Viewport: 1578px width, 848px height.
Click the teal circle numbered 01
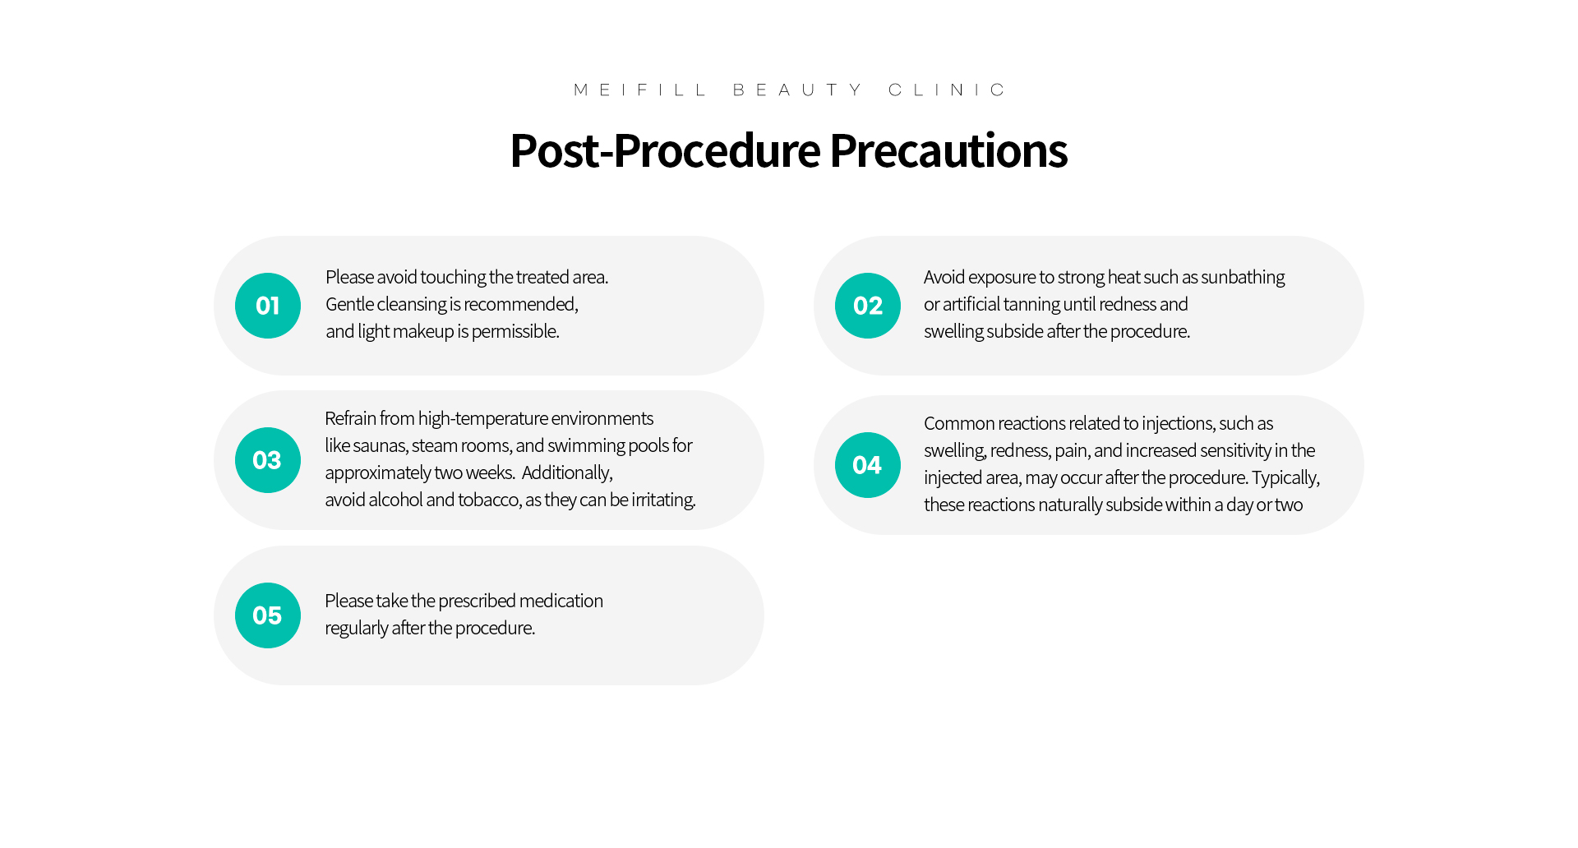(x=268, y=306)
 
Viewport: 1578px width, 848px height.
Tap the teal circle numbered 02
(x=868, y=306)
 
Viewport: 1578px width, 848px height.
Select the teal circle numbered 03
(x=268, y=460)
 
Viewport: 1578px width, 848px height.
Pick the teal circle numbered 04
(x=868, y=465)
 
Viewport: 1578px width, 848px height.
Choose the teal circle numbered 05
(x=268, y=615)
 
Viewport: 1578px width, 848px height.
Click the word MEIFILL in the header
(x=639, y=90)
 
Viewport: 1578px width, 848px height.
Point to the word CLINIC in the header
(x=947, y=90)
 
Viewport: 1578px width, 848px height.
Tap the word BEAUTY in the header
(x=797, y=90)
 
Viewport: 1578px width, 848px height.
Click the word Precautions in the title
(x=948, y=151)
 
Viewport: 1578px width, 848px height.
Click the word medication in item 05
(x=561, y=601)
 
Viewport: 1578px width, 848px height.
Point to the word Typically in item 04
(x=1286, y=478)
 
